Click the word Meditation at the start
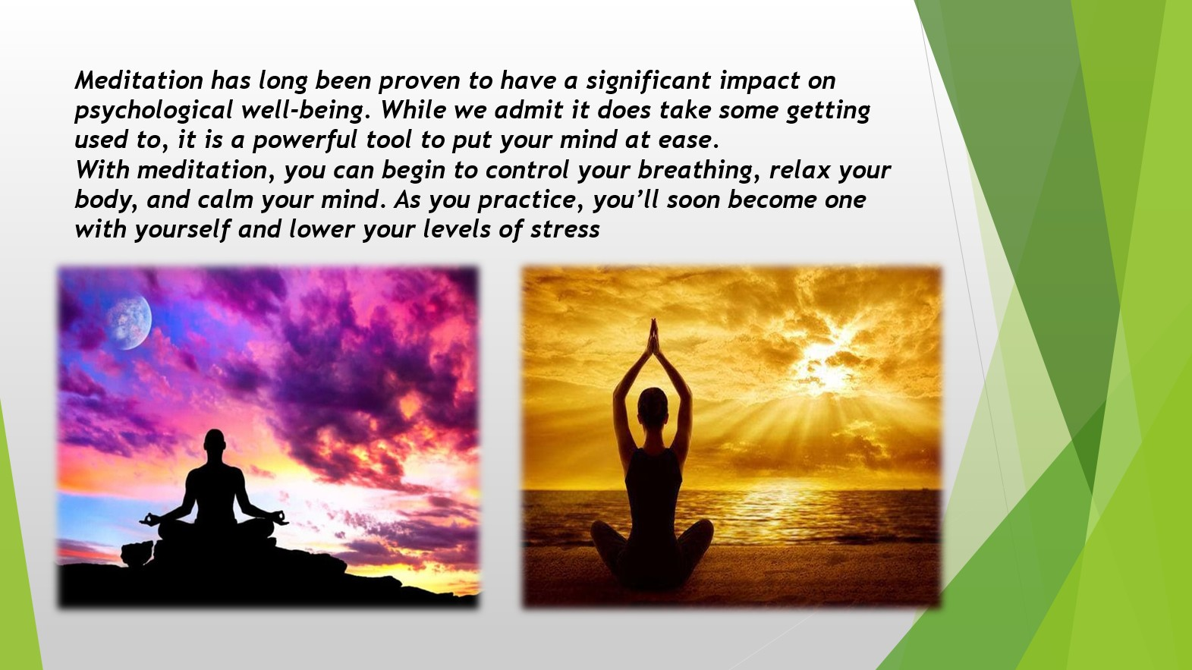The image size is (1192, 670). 138,81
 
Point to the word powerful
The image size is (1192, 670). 305,140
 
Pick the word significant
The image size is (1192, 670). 649,81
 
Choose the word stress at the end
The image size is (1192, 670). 565,230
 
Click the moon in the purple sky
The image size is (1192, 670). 129,322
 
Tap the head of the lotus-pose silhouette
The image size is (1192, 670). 215,443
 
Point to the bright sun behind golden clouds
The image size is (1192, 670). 826,367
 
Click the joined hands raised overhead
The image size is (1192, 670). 653,338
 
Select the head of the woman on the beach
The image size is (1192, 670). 653,407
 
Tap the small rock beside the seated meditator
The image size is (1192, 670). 137,553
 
